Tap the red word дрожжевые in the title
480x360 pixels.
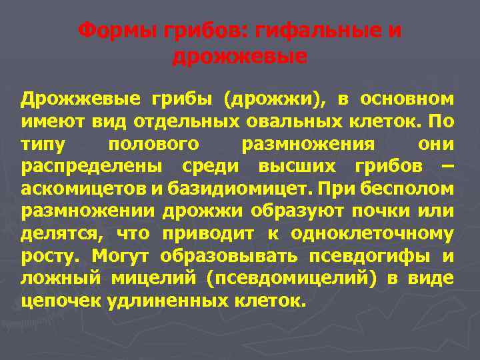[240, 57]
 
